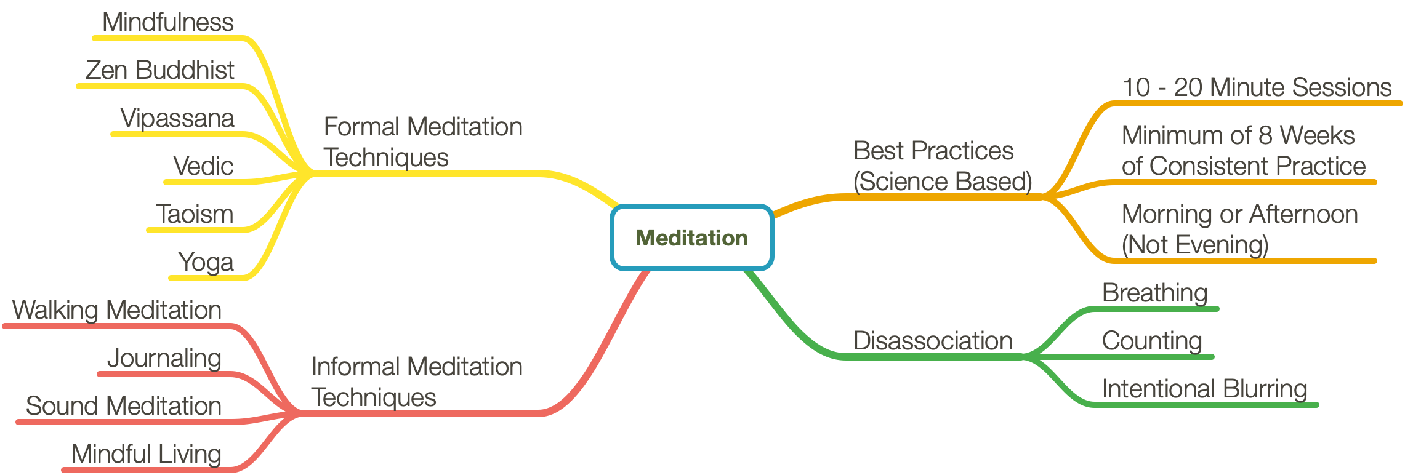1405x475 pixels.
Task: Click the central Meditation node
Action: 691,237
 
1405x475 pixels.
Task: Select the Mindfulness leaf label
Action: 168,22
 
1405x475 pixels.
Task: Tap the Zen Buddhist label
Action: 160,70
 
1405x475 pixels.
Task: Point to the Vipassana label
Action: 177,118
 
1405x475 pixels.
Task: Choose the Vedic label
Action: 203,166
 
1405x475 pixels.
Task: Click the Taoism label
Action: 195,214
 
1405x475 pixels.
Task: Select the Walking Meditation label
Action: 117,310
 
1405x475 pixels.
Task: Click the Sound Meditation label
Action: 124,406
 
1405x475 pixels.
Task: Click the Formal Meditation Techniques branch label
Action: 423,142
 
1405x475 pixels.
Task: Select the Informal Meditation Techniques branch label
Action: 417,382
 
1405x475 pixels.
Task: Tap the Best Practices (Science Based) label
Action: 943,166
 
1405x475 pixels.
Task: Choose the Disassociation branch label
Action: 933,341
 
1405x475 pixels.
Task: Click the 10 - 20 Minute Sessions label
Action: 1257,87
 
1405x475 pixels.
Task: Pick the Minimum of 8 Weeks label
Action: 1238,135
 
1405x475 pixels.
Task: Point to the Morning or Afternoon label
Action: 1240,214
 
